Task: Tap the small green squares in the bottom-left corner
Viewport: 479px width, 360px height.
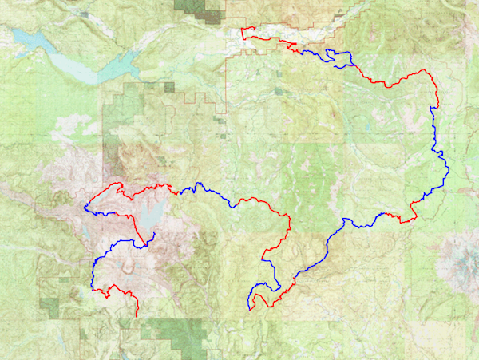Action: pyautogui.click(x=52, y=307)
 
